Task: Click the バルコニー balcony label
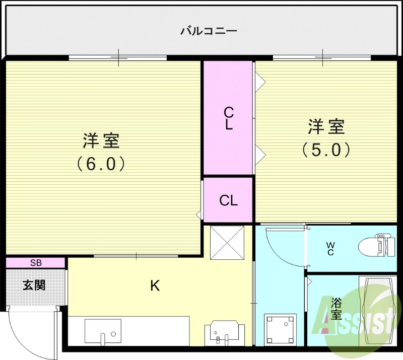point(209,31)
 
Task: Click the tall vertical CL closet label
point(228,118)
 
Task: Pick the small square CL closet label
point(228,200)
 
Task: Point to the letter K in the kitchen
point(155,286)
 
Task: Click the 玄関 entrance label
point(34,285)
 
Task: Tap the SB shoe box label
point(35,262)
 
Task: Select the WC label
point(330,248)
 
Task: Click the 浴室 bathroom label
point(336,309)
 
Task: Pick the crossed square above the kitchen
point(227,242)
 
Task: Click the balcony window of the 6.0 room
point(118,58)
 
